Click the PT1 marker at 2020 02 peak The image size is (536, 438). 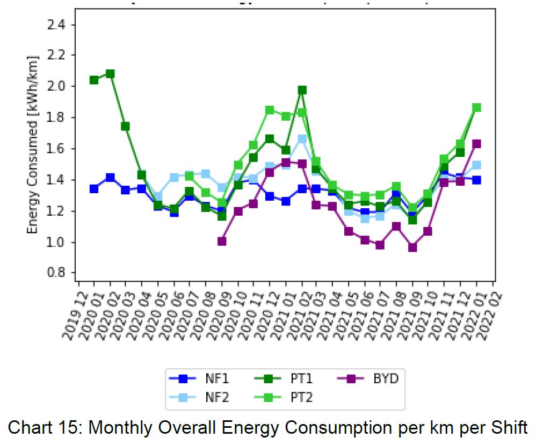coord(110,74)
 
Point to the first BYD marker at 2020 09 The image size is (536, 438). coord(222,242)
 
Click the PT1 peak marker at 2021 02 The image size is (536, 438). coord(302,90)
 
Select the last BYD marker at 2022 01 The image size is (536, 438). coord(476,144)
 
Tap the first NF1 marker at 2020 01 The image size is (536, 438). coord(94,189)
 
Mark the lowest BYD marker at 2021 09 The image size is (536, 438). coord(412,247)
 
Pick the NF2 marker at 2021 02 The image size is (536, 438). coord(302,139)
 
